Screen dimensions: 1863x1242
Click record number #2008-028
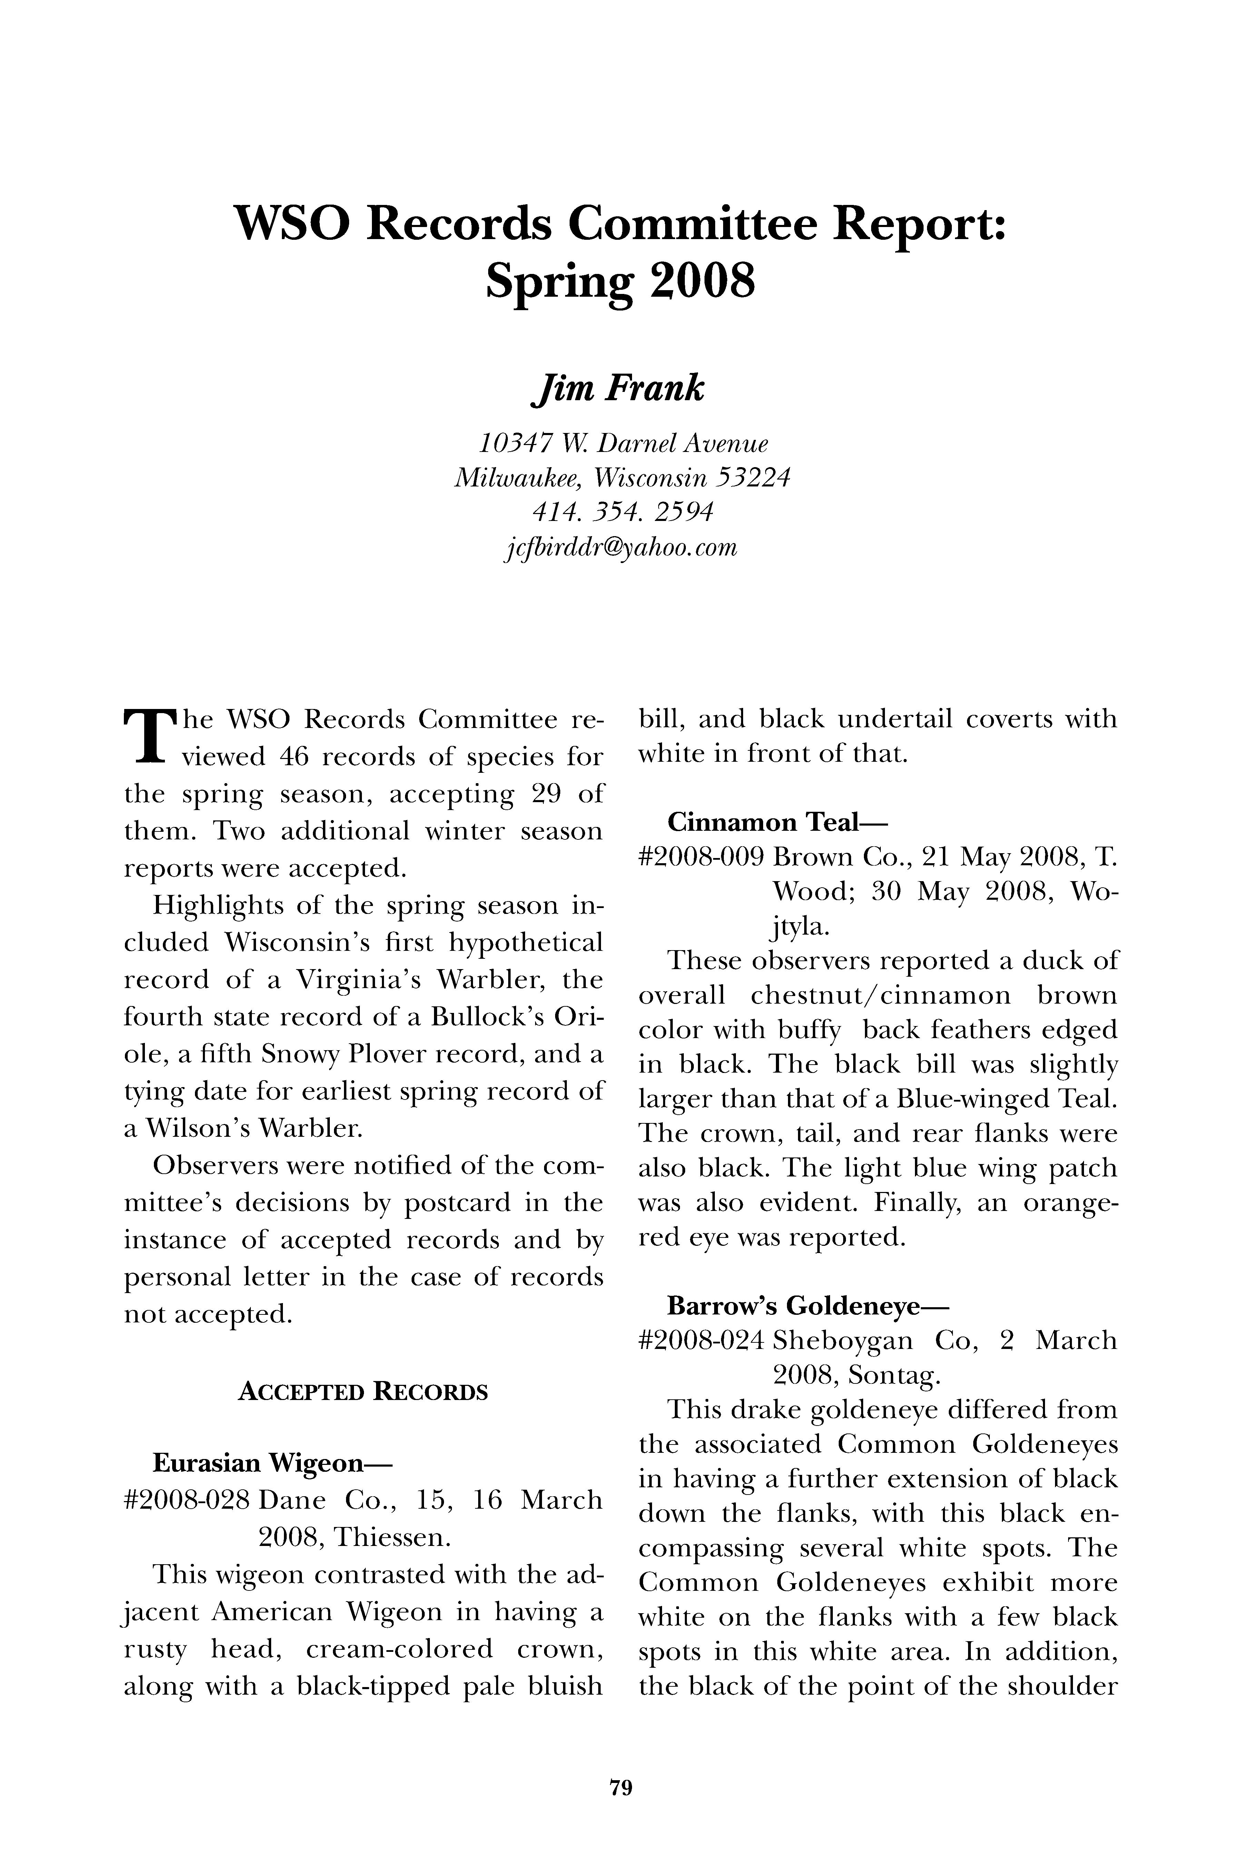point(188,1500)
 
